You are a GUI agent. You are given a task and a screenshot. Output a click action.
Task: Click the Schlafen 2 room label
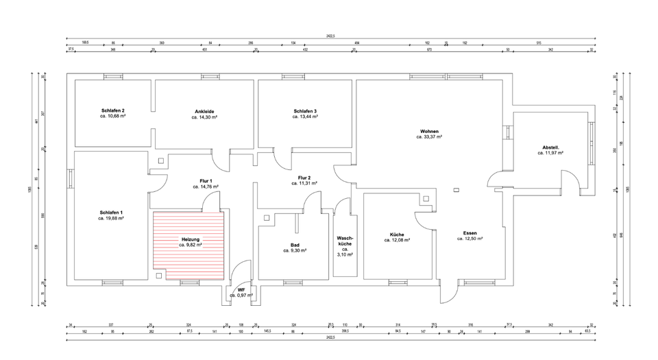point(113,111)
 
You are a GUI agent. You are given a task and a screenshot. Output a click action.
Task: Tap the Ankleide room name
point(204,112)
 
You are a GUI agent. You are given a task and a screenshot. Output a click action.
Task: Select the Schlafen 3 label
point(305,111)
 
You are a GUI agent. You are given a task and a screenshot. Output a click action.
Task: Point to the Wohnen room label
point(430,131)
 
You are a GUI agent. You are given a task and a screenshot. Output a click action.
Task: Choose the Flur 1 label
point(206,180)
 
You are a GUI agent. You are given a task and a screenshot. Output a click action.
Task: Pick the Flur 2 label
point(305,178)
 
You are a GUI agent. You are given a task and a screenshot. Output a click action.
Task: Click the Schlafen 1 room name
point(111,213)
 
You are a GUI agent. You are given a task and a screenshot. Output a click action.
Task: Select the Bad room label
point(295,245)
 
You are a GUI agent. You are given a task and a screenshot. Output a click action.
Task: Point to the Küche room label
point(397,234)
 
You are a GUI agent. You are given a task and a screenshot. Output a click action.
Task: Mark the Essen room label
point(470,233)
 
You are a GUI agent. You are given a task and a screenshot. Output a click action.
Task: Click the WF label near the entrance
point(241,290)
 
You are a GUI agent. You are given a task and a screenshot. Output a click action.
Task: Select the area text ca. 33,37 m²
point(429,137)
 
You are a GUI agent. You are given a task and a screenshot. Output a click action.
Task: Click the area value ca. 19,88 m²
point(111,219)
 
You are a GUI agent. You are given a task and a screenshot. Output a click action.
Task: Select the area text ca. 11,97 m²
point(550,154)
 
